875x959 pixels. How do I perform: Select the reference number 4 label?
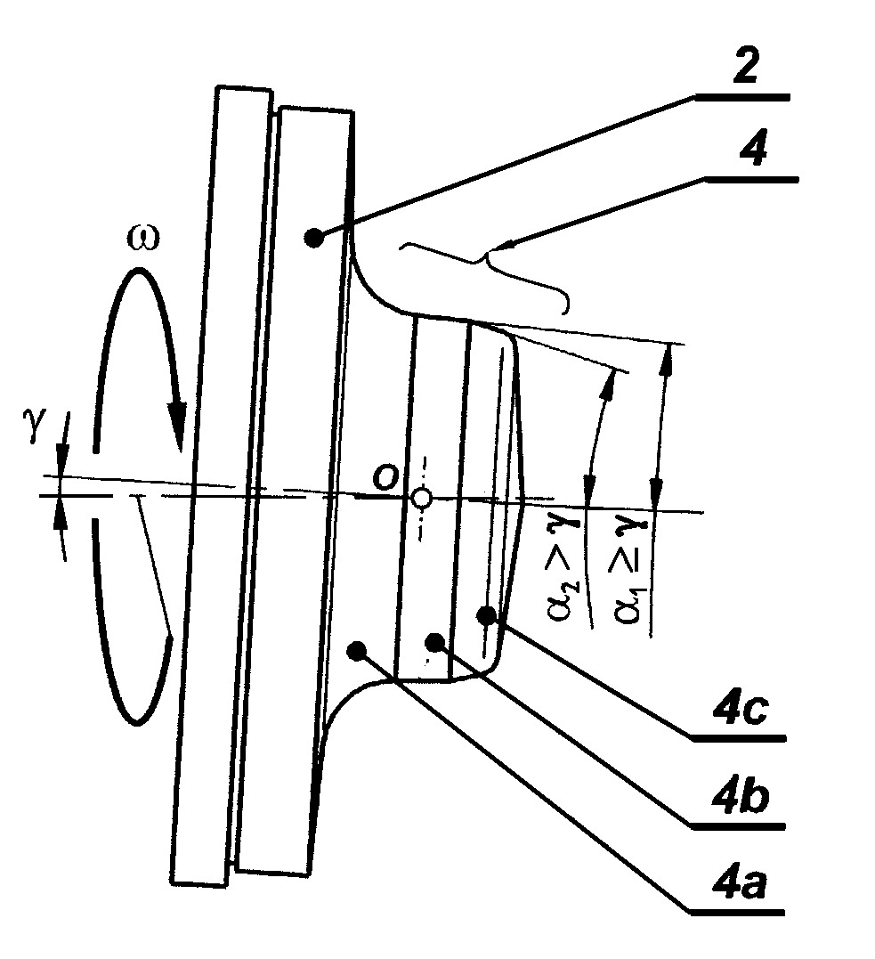click(x=753, y=148)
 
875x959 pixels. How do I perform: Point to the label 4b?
click(x=740, y=795)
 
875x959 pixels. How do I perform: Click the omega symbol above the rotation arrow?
click(x=142, y=239)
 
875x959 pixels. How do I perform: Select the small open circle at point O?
click(x=421, y=499)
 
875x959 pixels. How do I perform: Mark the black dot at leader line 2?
click(x=313, y=238)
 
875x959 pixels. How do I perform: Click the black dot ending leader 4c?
click(x=487, y=616)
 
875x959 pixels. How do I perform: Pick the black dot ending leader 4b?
click(x=434, y=642)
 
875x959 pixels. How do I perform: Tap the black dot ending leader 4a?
click(x=356, y=649)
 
